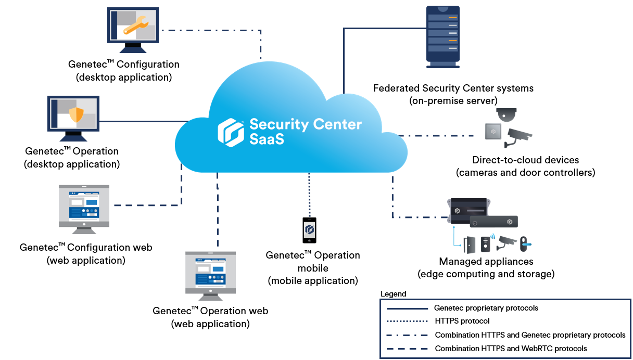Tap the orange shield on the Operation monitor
(76, 114)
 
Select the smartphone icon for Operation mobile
(310, 230)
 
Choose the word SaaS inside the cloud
(267, 139)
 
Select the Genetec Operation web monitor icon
(210, 273)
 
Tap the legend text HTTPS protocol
(462, 321)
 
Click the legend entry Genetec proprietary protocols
(486, 308)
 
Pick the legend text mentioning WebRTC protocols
(511, 349)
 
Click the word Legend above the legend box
(394, 294)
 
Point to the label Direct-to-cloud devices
(525, 160)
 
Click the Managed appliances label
(486, 261)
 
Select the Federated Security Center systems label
(453, 88)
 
